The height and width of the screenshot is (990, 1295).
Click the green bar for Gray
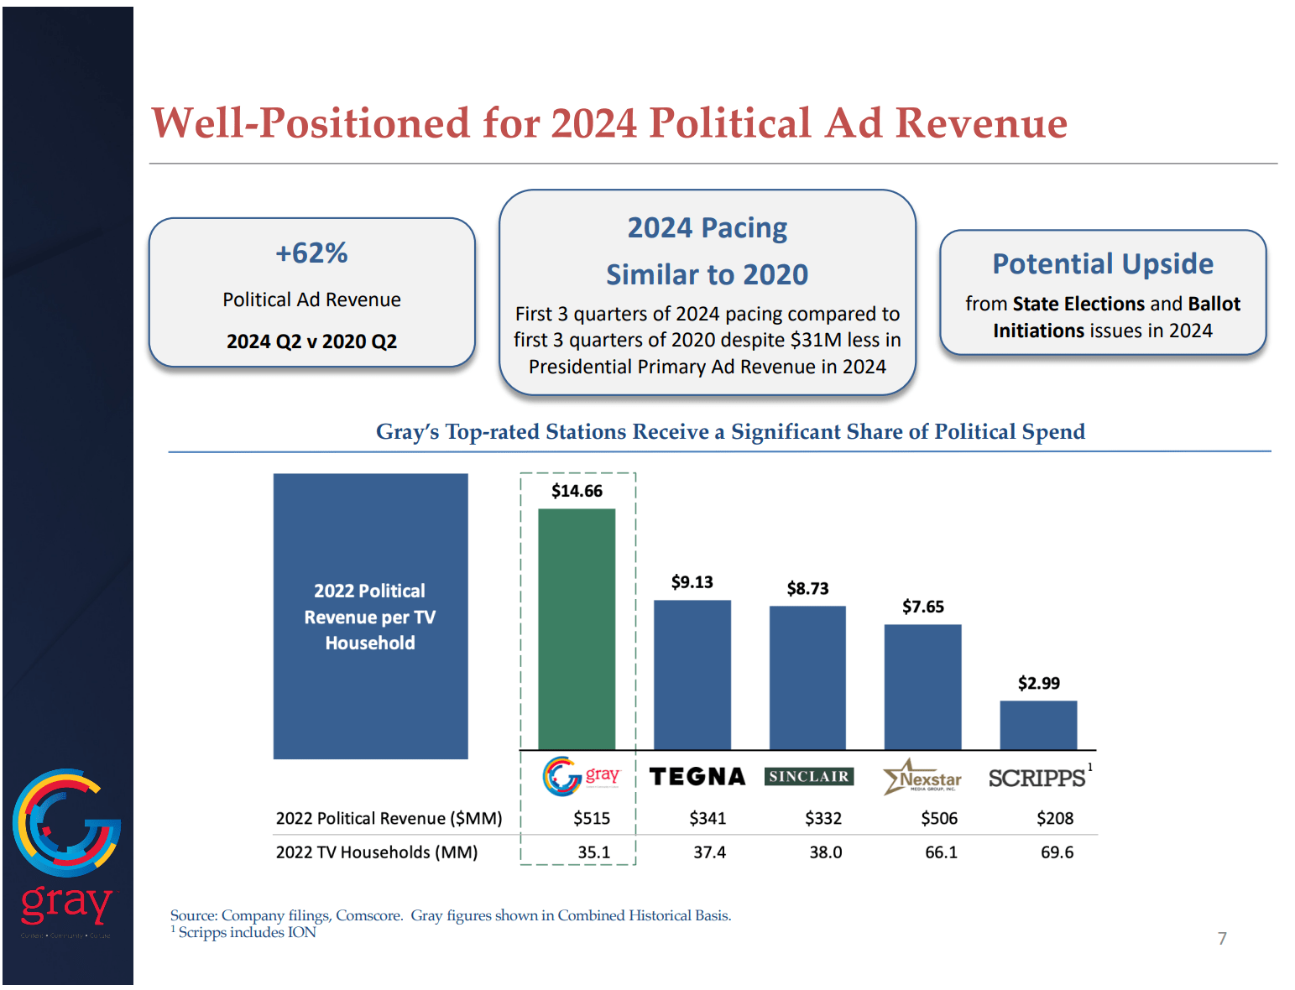[577, 628]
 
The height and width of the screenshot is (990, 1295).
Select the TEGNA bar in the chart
[692, 675]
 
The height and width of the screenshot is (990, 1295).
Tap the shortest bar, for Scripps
[1038, 725]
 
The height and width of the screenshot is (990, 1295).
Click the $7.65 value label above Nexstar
[922, 607]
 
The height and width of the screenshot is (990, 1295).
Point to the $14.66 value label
[577, 491]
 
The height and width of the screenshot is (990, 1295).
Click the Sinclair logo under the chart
[808, 777]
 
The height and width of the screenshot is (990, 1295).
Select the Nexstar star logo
[922, 777]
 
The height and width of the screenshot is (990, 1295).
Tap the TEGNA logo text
[697, 777]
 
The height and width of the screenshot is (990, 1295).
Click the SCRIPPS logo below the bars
[1037, 779]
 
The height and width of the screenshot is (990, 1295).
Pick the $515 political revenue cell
[592, 818]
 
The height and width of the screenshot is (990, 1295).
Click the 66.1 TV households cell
[941, 852]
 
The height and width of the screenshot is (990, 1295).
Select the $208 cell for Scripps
[1055, 818]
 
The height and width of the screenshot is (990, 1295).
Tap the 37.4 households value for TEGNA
[709, 852]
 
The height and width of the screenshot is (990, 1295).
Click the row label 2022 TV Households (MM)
[377, 852]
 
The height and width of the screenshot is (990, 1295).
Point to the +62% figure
[311, 253]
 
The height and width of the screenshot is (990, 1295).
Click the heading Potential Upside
[1102, 263]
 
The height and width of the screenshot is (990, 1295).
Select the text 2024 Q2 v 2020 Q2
[311, 341]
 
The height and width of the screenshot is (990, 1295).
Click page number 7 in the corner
[1222, 938]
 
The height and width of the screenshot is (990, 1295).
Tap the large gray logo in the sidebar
[66, 847]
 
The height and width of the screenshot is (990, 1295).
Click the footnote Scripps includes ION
[247, 932]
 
